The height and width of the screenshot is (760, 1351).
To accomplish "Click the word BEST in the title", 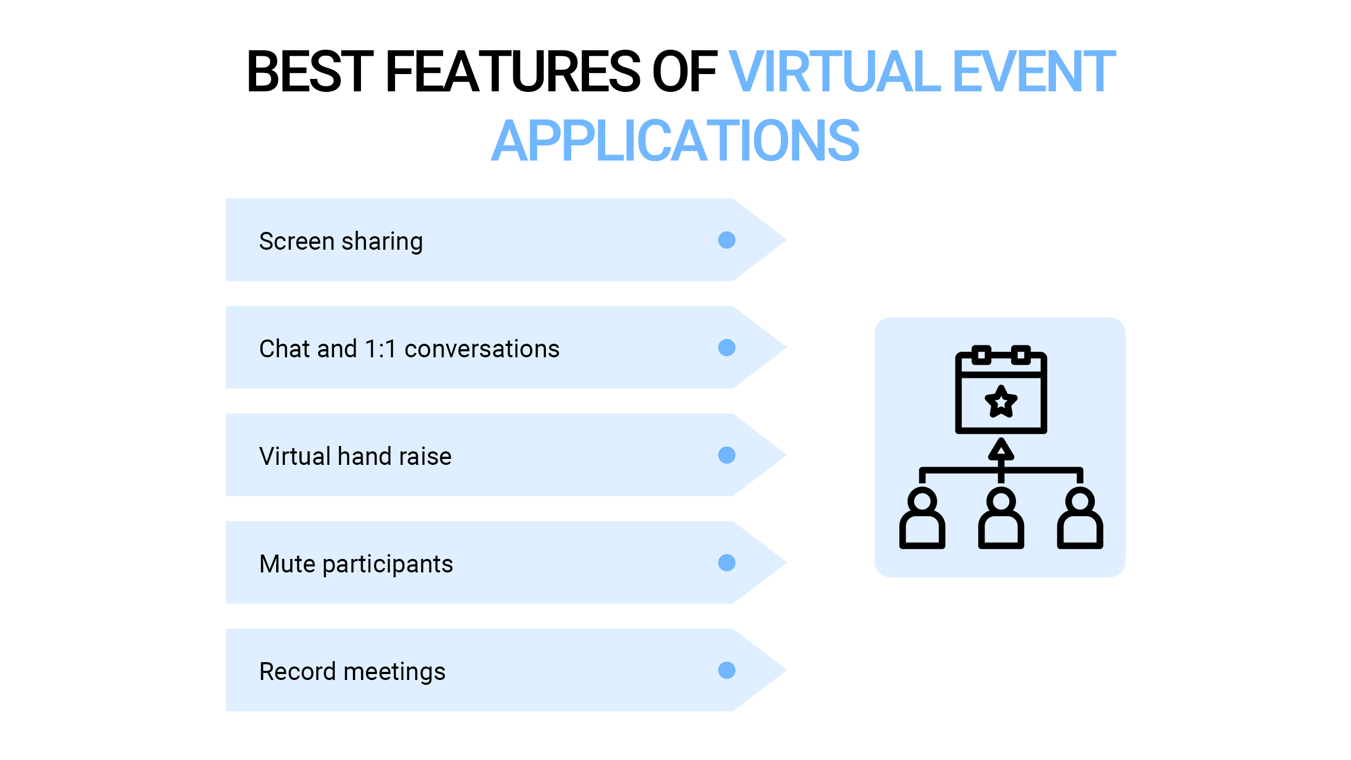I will [310, 72].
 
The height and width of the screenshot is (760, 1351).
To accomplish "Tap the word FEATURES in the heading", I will [512, 72].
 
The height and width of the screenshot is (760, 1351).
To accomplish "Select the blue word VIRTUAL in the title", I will [834, 72].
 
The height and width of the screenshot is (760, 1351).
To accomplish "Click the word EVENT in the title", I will [1034, 72].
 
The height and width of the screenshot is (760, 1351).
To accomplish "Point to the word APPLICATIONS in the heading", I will [675, 142].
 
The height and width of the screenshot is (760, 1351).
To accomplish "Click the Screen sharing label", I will [341, 241].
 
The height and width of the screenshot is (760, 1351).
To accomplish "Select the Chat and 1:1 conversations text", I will [409, 349].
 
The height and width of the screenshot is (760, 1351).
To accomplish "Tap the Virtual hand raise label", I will [355, 456].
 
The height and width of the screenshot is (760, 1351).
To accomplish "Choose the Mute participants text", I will [356, 564].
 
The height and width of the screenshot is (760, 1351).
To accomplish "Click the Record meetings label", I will [352, 671].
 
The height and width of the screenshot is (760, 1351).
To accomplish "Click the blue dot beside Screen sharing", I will [727, 240].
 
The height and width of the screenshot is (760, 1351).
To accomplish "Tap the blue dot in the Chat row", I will [727, 348].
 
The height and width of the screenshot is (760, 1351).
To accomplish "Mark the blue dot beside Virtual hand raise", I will [727, 455].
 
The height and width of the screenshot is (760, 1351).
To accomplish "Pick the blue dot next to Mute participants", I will [727, 563].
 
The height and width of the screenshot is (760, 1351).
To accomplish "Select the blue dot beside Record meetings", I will [727, 670].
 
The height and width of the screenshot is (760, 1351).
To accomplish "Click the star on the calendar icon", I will [1001, 402].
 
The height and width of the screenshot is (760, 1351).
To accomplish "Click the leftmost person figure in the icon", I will [922, 519].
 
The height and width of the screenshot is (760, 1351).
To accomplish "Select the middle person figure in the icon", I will [1001, 519].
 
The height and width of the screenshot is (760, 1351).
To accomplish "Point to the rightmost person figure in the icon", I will [1080, 519].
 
